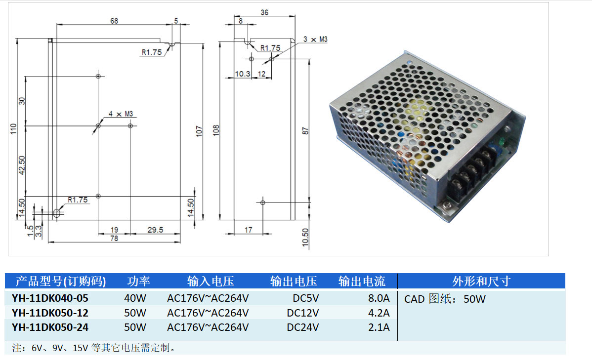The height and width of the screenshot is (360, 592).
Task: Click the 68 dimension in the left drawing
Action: click(x=114, y=21)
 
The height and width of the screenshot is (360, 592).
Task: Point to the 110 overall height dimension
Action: click(x=14, y=129)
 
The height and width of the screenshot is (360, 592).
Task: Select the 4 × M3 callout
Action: click(x=121, y=114)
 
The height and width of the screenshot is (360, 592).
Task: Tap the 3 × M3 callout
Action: click(x=315, y=39)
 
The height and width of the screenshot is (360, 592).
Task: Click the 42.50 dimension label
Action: click(x=22, y=165)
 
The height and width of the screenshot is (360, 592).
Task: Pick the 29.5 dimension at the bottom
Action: click(x=155, y=230)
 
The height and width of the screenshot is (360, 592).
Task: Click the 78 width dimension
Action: click(x=114, y=238)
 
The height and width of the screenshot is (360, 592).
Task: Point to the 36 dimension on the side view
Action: click(x=264, y=12)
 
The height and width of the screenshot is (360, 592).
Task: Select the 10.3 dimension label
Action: click(x=243, y=74)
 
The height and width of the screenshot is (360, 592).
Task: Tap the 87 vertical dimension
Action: click(x=305, y=131)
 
